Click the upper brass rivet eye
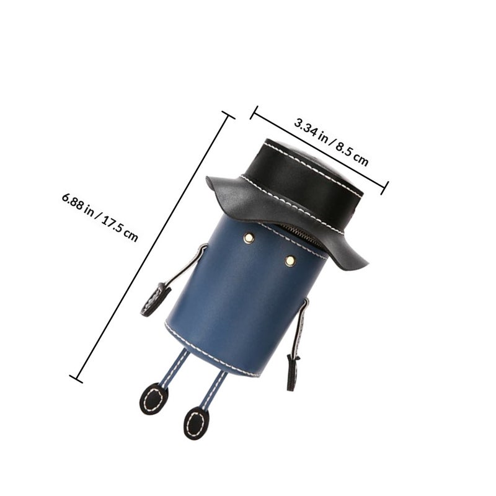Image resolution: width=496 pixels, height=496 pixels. (249, 238)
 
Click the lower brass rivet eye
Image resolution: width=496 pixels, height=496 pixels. (290, 260)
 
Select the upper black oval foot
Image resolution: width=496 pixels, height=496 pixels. (154, 399)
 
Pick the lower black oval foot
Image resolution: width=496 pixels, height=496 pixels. (196, 423)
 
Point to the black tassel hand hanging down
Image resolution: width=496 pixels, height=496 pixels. (293, 372)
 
